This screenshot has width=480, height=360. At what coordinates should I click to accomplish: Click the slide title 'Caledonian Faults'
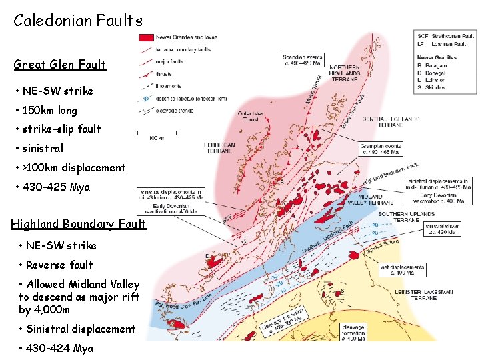(78, 21)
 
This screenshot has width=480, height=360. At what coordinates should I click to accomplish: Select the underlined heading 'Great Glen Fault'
(60, 65)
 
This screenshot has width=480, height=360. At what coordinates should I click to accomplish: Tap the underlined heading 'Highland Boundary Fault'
(78, 224)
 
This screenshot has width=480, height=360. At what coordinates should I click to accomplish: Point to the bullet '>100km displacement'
(73, 168)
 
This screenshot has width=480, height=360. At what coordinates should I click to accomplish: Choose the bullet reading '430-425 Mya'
(56, 187)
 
